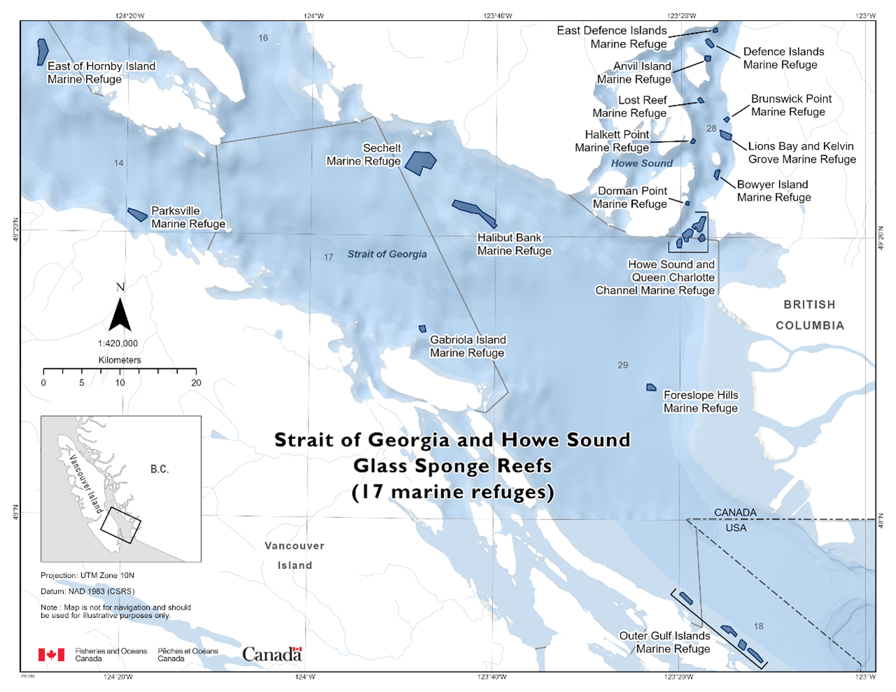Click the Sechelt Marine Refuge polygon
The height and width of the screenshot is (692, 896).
click(x=420, y=162)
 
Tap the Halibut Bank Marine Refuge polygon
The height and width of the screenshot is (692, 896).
click(x=476, y=211)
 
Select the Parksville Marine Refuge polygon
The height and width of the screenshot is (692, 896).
click(x=137, y=215)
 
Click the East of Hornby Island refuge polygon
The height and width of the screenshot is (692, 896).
click(x=42, y=52)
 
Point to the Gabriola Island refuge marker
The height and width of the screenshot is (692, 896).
click(x=422, y=329)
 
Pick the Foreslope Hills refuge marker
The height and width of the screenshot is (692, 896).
click(x=650, y=387)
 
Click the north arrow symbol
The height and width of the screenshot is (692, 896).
click(x=120, y=312)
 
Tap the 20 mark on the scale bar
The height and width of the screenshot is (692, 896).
click(x=196, y=382)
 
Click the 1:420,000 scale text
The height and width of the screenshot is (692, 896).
click(x=118, y=343)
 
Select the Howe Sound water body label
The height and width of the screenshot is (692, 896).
click(x=641, y=164)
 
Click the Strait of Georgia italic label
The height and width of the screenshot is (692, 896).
click(x=387, y=254)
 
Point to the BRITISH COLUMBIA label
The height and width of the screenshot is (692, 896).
click(x=809, y=315)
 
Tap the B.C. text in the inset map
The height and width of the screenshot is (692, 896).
click(x=159, y=468)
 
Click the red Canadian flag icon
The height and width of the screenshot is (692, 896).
click(x=51, y=654)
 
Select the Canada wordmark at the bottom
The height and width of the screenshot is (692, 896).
click(x=272, y=654)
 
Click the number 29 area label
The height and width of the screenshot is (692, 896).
click(x=623, y=365)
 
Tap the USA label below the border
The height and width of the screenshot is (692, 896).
click(x=736, y=528)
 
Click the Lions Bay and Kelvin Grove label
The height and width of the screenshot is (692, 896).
click(x=802, y=152)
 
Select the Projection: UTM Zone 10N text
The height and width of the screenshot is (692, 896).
click(x=87, y=575)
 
